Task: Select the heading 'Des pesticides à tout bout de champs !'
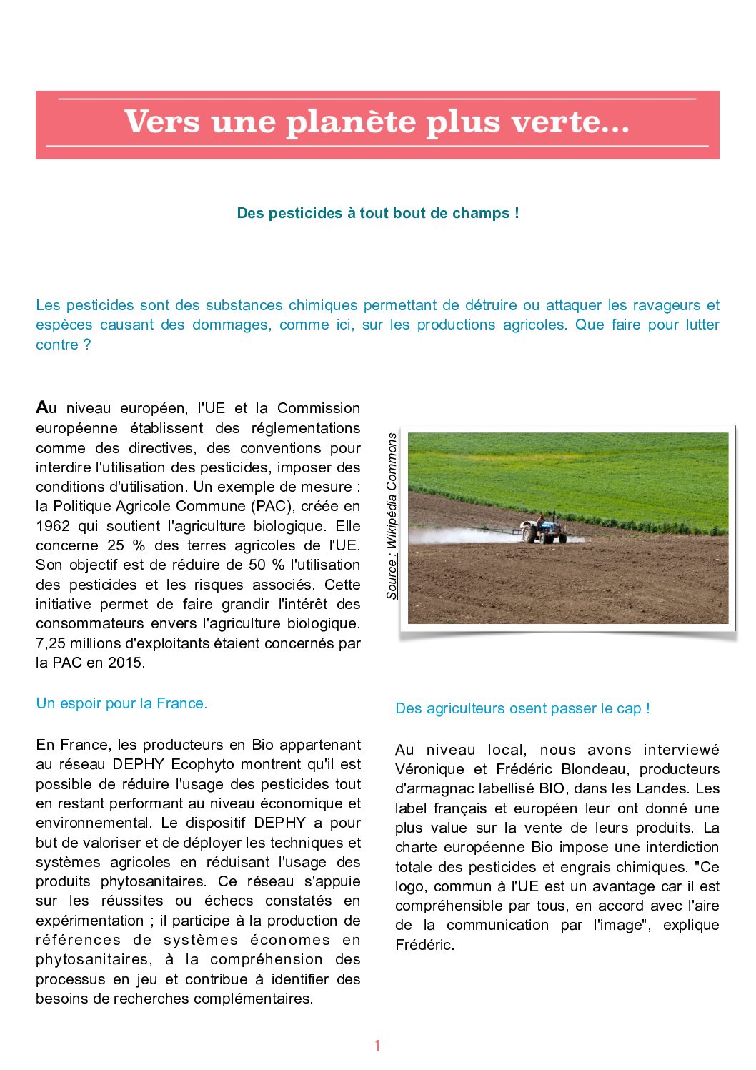(x=378, y=213)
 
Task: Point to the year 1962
(x=53, y=526)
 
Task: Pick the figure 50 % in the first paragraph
(x=266, y=565)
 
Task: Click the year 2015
(x=124, y=663)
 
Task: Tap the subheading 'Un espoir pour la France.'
(x=121, y=703)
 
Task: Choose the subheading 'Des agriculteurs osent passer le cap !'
(x=522, y=708)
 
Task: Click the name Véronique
(x=428, y=769)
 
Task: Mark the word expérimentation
(x=90, y=921)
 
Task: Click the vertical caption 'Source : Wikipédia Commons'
(x=392, y=516)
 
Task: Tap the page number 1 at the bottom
(x=377, y=1046)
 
